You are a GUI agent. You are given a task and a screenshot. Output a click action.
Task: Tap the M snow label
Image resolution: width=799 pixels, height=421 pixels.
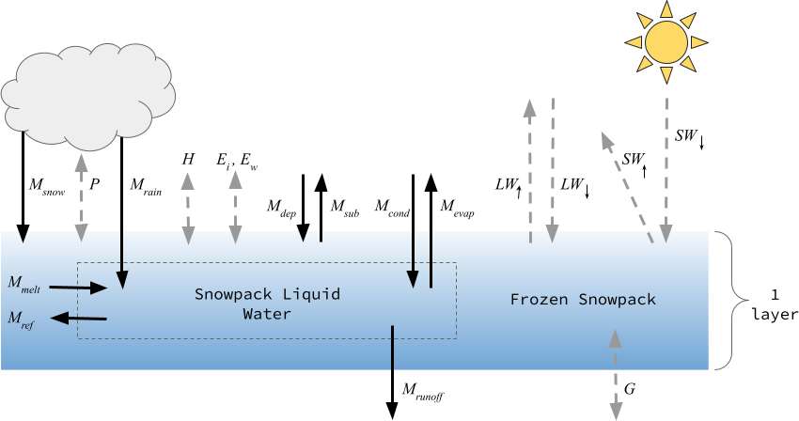[x=46, y=185]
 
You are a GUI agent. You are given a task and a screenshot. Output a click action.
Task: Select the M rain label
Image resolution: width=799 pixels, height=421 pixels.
[x=146, y=185]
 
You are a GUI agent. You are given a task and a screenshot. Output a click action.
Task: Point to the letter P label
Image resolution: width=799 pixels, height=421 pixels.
[x=95, y=183]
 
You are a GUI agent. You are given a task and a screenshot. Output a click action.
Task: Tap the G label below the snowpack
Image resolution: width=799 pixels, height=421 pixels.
[x=630, y=387]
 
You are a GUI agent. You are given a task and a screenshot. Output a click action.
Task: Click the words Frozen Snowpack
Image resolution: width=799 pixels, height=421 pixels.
[x=583, y=299]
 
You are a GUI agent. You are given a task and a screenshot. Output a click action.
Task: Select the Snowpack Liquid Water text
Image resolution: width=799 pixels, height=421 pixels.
[x=267, y=304]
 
